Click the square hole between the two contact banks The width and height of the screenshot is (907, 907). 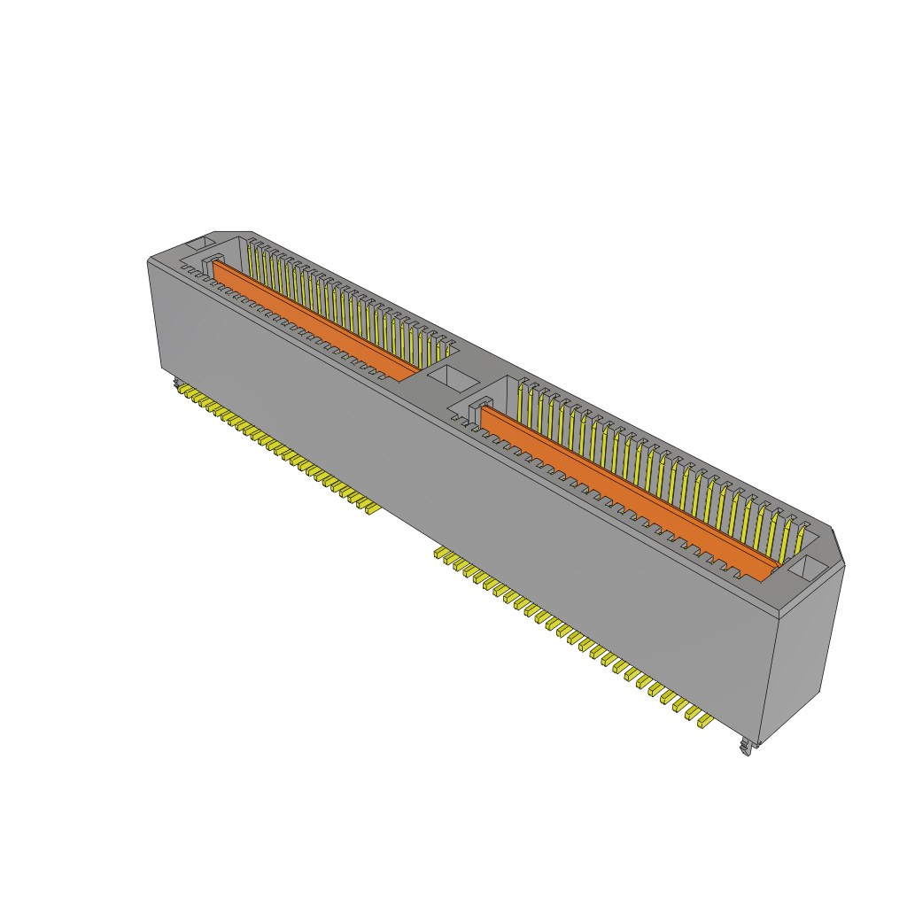452,378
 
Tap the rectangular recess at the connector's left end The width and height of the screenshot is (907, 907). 199,241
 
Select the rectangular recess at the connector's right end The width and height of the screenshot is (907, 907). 807,568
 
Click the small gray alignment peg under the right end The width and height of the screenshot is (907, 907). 747,748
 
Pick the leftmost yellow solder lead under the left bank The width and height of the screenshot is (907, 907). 182,387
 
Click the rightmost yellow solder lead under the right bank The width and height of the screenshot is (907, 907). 705,722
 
